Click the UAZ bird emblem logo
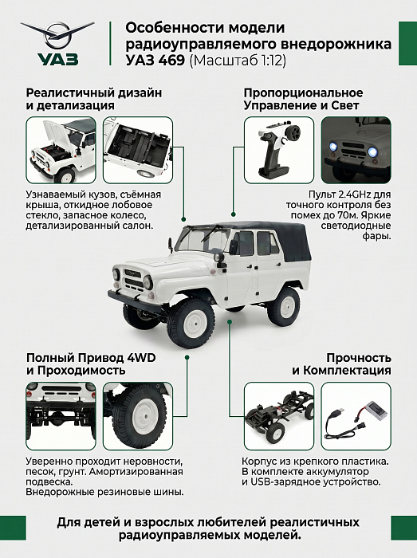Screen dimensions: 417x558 [57, 36]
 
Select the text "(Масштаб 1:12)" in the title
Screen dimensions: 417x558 [238, 61]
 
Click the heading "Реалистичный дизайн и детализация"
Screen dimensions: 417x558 [94, 100]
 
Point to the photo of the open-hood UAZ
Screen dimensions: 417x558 [61, 150]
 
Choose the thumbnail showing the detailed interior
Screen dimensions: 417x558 [138, 150]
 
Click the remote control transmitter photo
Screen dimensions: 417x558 [279, 150]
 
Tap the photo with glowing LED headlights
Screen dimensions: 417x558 [356, 150]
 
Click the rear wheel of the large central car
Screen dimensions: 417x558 [283, 307]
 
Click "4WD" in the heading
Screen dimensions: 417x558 [142, 358]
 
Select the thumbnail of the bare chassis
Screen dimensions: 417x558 [279, 416]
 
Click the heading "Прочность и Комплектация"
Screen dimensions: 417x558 [341, 363]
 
